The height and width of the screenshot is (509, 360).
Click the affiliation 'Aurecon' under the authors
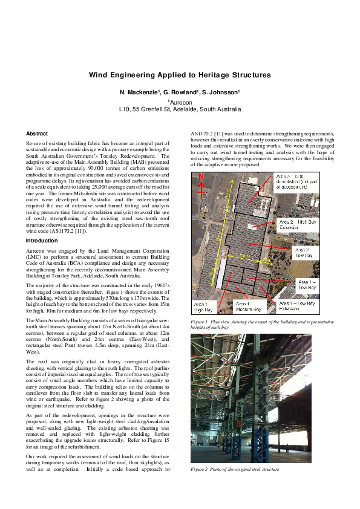pos(181,102)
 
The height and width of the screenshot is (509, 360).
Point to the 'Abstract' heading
pos(37,133)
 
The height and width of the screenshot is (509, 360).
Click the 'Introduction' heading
pos(42,240)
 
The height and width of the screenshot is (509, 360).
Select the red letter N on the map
pos(201,177)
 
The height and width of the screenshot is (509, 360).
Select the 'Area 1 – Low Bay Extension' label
pos(297,306)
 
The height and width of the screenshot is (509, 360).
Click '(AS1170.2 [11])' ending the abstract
pos(61,230)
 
